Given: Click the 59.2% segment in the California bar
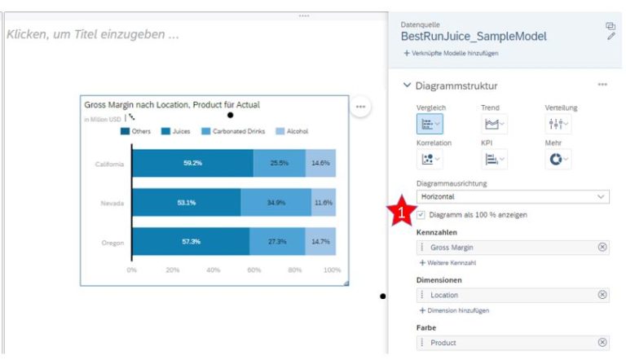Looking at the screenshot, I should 192,163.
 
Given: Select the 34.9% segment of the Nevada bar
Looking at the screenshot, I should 276,202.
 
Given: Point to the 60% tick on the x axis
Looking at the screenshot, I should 253,270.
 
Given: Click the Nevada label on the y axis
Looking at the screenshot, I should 112,202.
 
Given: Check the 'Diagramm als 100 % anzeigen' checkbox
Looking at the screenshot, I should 421,214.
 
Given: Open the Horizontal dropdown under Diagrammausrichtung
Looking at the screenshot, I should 512,197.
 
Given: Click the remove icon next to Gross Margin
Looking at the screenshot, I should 602,247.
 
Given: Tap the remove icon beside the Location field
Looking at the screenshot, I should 602,295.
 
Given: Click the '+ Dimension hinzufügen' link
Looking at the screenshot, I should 454,310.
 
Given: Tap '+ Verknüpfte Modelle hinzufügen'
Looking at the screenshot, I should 450,53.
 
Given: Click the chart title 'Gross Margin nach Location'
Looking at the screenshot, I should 172,105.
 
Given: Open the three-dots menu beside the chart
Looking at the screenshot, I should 359,107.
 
